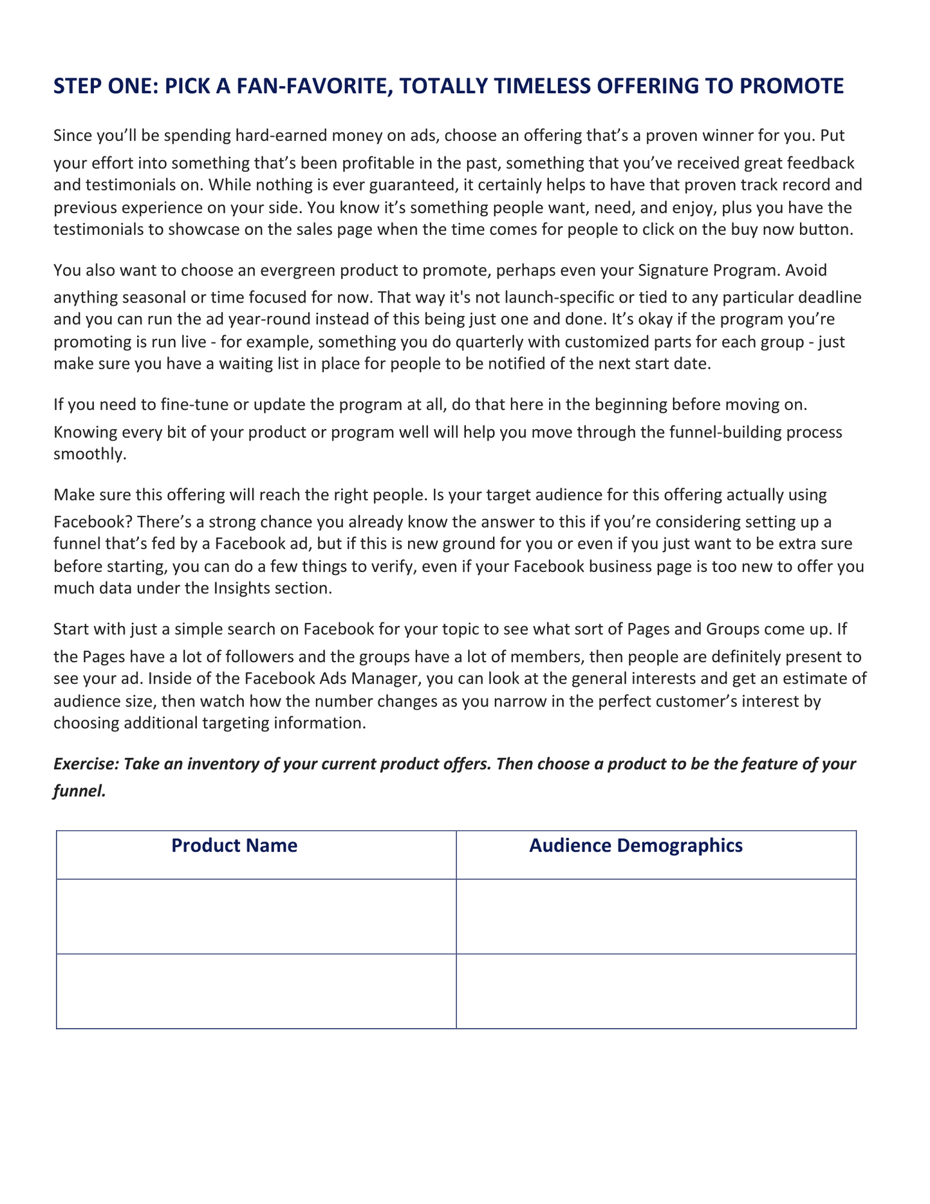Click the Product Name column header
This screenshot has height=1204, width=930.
(234, 846)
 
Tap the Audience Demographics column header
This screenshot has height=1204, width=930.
(636, 846)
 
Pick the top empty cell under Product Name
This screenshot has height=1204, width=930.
(256, 916)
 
